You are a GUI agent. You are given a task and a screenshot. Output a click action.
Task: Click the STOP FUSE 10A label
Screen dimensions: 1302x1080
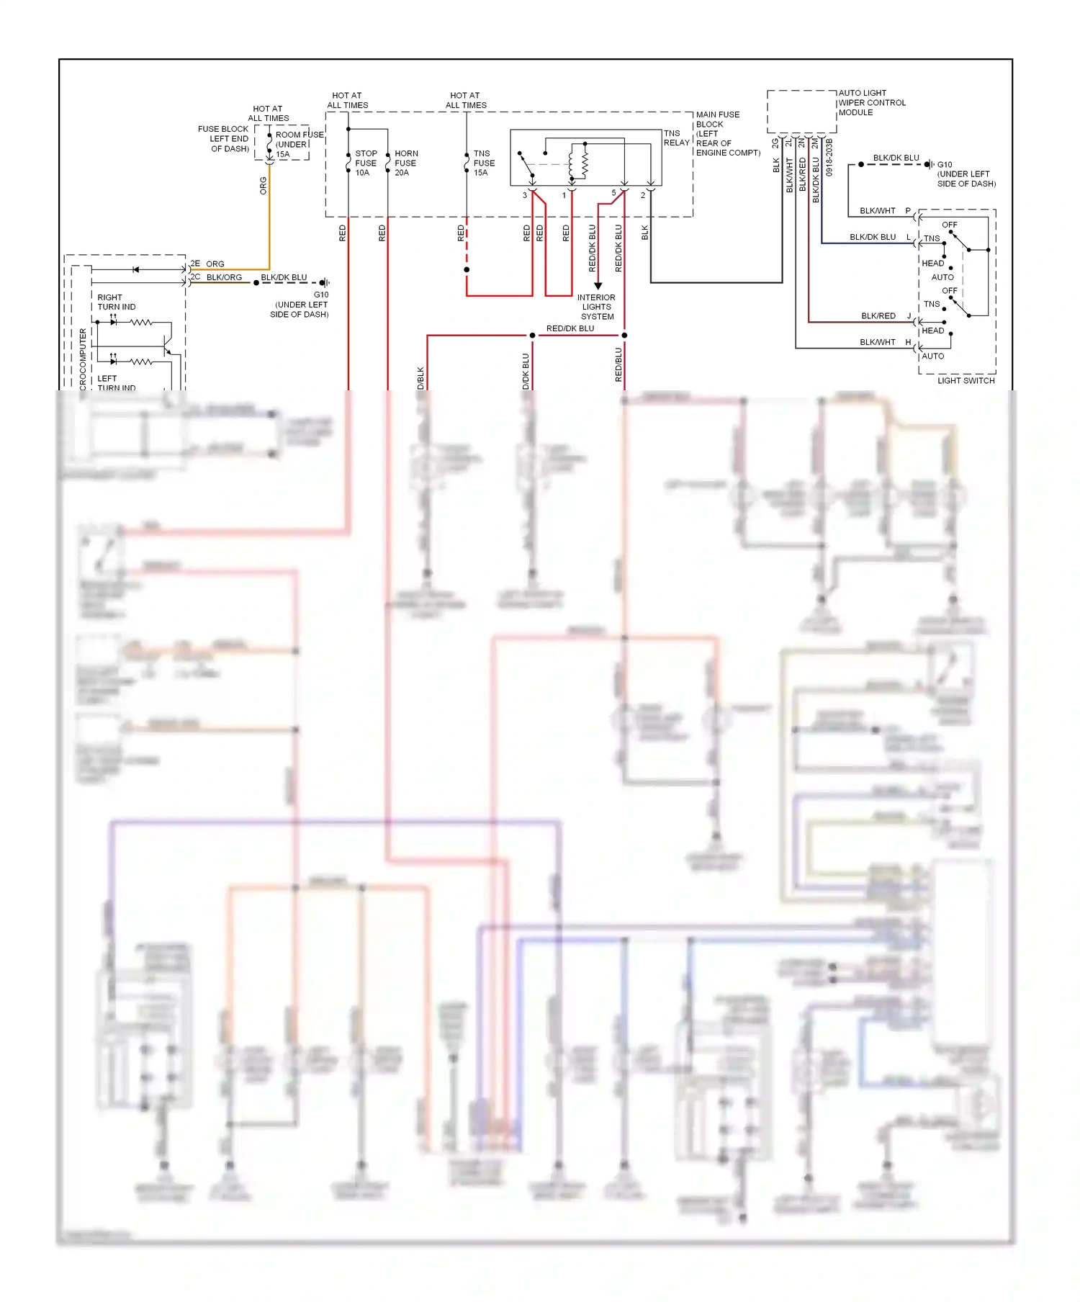(366, 163)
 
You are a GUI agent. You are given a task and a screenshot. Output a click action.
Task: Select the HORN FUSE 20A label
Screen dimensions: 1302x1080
(405, 163)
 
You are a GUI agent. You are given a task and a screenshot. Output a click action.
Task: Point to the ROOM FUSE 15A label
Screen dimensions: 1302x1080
(298, 144)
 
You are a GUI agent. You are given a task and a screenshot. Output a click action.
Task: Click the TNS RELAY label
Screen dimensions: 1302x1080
(675, 138)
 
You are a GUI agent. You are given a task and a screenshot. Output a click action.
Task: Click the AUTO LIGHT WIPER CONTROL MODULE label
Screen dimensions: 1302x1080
(871, 103)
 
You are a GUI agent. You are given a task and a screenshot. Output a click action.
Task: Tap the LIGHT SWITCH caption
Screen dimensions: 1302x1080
(966, 381)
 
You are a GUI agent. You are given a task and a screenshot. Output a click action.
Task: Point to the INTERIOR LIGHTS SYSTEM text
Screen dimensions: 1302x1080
(597, 307)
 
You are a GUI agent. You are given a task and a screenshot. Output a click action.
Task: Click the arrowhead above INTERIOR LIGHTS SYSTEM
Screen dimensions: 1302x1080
(598, 286)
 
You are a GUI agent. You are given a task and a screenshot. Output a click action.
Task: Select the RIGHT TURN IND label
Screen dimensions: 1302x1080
(116, 302)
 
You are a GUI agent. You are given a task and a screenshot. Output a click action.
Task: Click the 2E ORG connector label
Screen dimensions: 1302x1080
(207, 264)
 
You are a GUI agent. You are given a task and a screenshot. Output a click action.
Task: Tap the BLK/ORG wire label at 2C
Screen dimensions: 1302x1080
(224, 277)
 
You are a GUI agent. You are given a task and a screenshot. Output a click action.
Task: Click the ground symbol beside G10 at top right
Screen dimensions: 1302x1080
(930, 165)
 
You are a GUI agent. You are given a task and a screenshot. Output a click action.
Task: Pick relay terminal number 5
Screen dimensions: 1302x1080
(613, 194)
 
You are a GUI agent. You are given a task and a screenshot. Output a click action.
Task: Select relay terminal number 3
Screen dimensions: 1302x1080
(524, 195)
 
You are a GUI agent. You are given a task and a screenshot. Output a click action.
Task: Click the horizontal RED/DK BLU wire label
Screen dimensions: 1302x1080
(570, 329)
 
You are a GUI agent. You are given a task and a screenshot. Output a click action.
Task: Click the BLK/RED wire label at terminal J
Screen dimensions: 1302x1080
(878, 316)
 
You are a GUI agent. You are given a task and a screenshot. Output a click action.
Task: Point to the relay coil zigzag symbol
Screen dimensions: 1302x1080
(585, 163)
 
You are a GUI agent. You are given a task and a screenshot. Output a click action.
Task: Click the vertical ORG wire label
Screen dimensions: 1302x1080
(264, 186)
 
